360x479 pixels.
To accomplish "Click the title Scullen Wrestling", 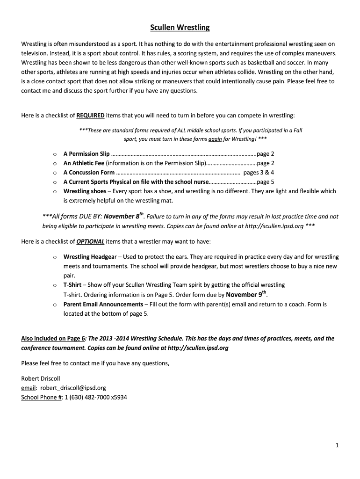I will [x=180, y=28].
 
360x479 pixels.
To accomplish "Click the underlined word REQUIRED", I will [x=90, y=115].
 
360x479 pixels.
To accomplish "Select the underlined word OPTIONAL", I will [x=90, y=242].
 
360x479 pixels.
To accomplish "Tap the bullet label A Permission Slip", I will [x=86, y=153].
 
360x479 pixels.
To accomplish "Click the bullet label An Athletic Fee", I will [x=84, y=163].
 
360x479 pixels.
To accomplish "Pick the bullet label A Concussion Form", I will [x=89, y=173].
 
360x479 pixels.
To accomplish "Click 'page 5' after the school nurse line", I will [x=266, y=182].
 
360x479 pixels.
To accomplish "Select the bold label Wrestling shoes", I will [x=85, y=191].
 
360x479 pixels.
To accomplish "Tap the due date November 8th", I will [x=123, y=217].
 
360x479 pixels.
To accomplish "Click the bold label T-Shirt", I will [x=72, y=285].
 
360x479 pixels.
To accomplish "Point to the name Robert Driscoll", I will [x=41, y=378].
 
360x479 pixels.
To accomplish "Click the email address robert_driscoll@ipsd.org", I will [x=73, y=388].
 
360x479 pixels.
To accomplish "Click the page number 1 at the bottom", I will [x=337, y=446].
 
